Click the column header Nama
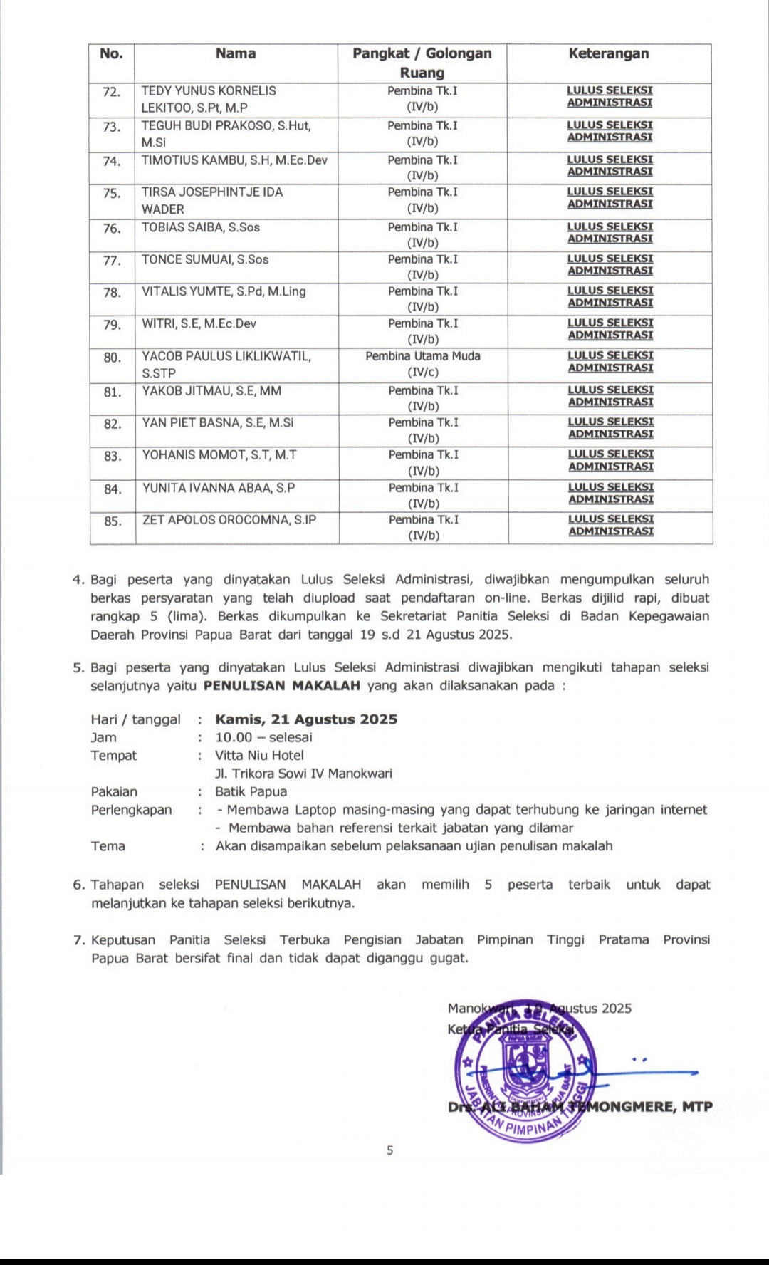point(236,54)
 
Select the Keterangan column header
point(609,54)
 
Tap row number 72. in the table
point(112,92)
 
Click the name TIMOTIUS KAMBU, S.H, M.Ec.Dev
point(234,160)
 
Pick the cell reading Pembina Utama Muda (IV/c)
point(423,364)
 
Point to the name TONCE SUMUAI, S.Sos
point(205,260)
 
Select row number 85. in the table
point(113,521)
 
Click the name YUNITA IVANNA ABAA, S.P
point(219,489)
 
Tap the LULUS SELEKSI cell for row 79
point(610,329)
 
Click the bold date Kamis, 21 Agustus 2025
point(306,719)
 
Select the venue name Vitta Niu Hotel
point(260,756)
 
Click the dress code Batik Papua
point(251,792)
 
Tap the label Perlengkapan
point(131,810)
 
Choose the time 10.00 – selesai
point(264,738)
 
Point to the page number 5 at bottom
point(389,1150)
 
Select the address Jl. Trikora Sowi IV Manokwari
point(303,774)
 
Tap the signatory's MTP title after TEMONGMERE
point(697,1107)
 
